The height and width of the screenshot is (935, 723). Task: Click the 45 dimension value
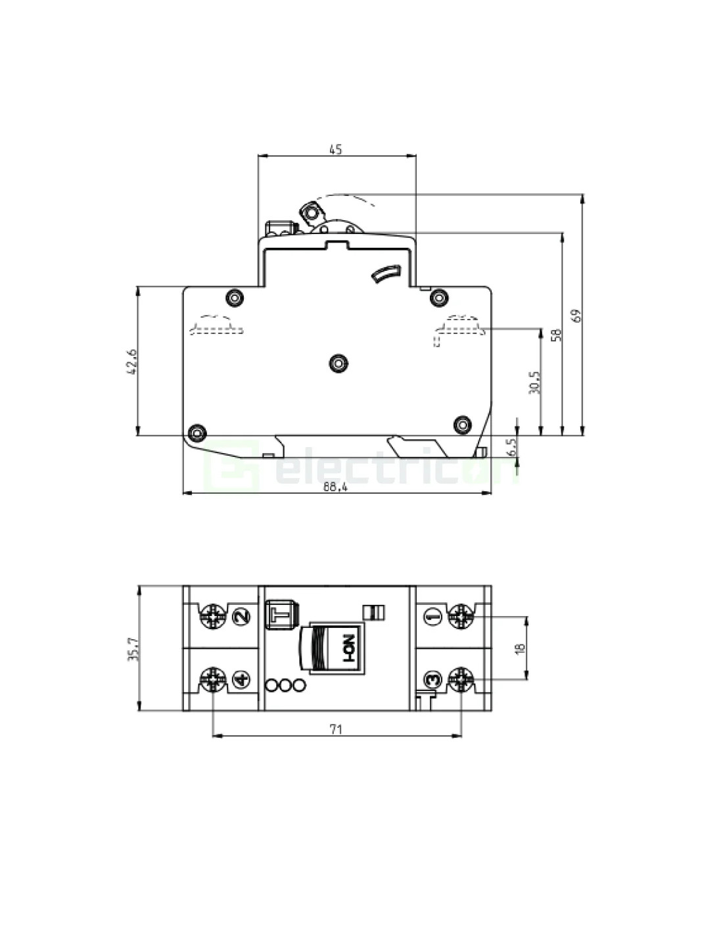click(335, 149)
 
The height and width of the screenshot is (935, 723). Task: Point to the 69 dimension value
click(578, 315)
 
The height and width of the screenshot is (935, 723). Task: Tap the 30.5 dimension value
click(534, 382)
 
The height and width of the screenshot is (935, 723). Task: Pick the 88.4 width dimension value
click(336, 487)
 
